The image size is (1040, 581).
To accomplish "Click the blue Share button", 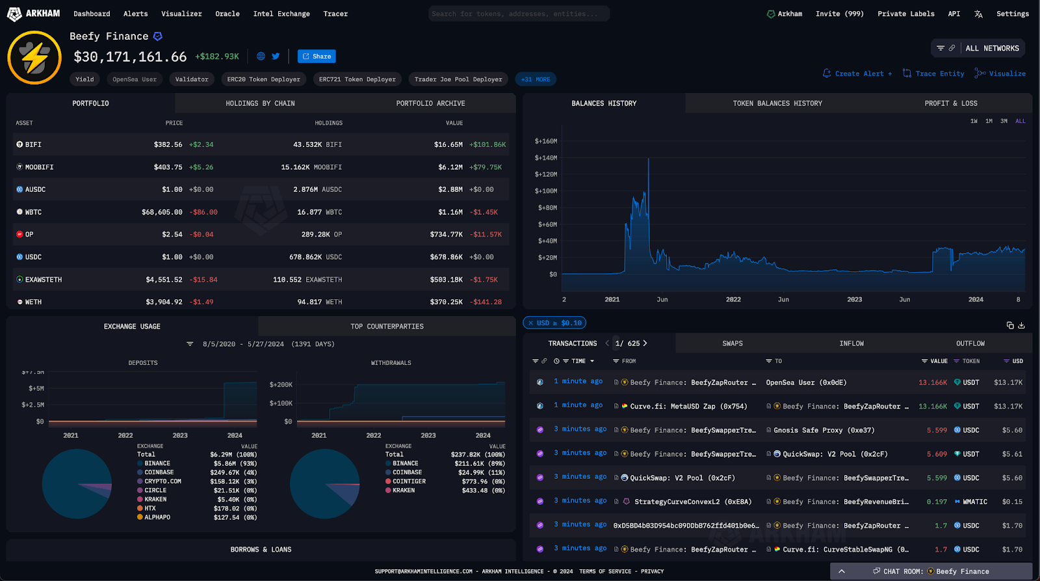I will tap(317, 57).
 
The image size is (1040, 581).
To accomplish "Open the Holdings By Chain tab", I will tap(260, 103).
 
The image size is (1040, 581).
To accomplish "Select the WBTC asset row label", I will tap(33, 212).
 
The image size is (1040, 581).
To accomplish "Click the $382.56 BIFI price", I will tap(168, 144).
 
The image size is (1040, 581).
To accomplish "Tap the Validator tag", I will tap(192, 79).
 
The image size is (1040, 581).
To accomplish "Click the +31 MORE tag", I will tap(535, 79).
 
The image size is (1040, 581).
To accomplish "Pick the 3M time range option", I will tap(1004, 121).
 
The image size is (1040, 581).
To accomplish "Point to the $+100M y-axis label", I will tap(545, 191).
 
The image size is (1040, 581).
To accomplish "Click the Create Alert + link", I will tap(857, 74).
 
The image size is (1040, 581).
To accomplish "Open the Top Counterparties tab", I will tap(387, 327).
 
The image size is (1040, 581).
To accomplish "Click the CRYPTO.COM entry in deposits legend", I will tap(162, 481).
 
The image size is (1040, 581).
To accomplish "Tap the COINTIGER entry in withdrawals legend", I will tap(409, 481).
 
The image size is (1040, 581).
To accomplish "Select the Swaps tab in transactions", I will tap(732, 344).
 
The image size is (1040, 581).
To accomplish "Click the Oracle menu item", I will tap(227, 14).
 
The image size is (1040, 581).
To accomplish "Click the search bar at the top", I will tap(519, 14).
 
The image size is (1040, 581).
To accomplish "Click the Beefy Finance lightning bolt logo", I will tap(34, 57).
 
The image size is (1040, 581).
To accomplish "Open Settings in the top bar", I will tap(1012, 14).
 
